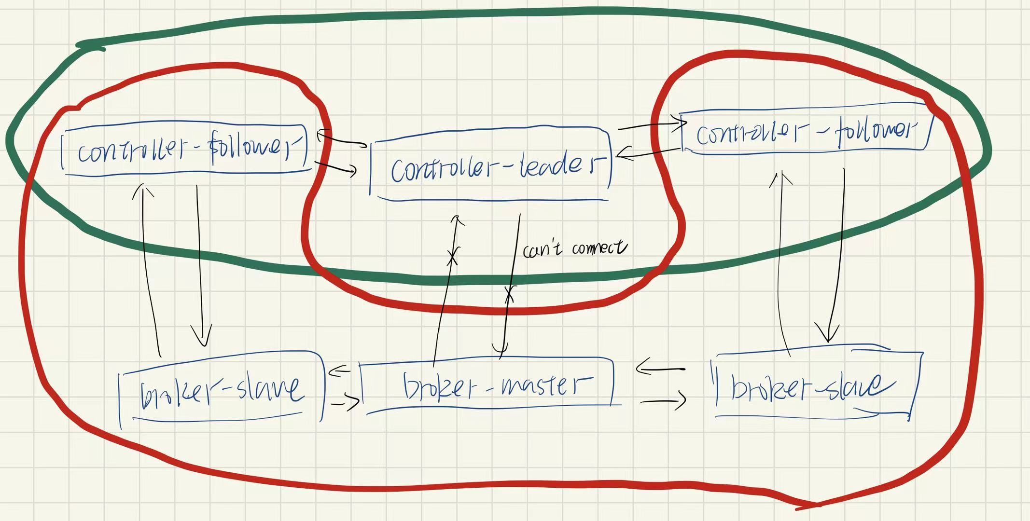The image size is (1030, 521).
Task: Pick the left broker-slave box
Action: [x=222, y=391]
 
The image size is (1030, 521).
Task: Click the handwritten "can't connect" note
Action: [x=574, y=248]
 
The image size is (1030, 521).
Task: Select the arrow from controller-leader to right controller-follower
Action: [x=652, y=126]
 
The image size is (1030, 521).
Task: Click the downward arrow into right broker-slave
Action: [x=837, y=256]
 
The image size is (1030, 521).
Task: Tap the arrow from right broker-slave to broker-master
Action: [x=660, y=369]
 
